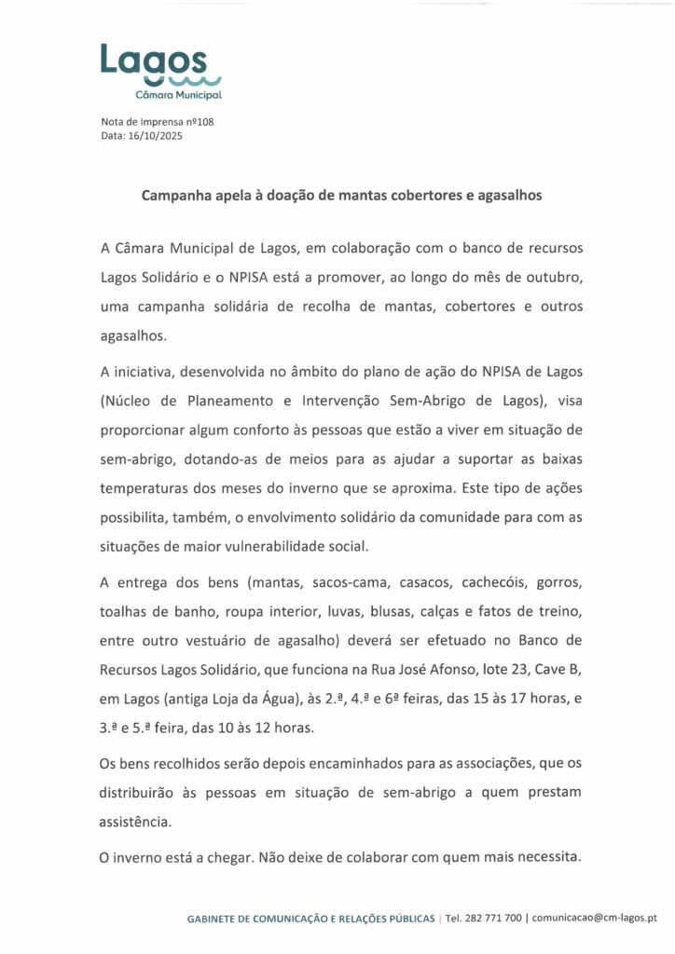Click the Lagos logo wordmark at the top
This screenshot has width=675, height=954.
point(154,61)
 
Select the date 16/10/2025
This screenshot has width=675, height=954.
point(155,136)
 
